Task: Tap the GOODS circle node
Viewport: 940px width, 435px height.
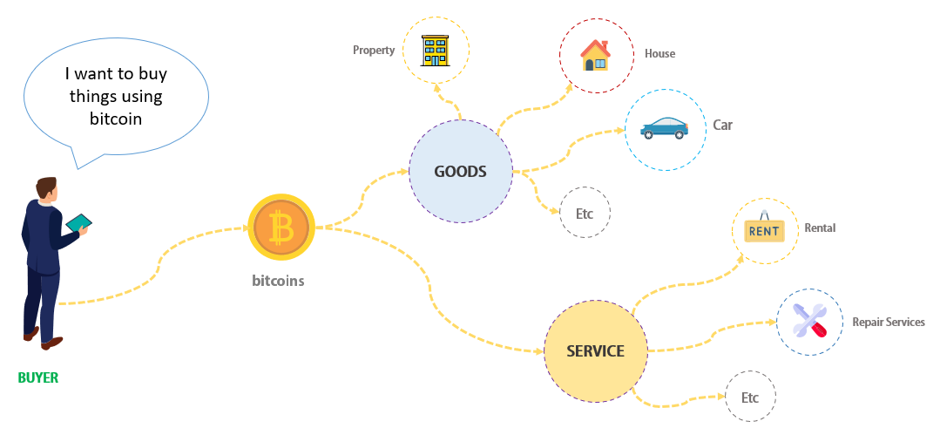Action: pyautogui.click(x=461, y=172)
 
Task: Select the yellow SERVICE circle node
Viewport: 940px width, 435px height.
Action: pyautogui.click(x=596, y=351)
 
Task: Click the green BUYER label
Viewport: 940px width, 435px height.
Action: pyautogui.click(x=38, y=378)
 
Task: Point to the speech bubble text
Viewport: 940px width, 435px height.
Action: pyautogui.click(x=114, y=97)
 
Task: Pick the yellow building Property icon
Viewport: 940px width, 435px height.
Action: pyautogui.click(x=435, y=51)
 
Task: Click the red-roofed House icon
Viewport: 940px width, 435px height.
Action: pyautogui.click(x=596, y=54)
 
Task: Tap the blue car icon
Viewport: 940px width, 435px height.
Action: pyautogui.click(x=663, y=128)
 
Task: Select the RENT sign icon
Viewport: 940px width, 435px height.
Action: pyautogui.click(x=764, y=230)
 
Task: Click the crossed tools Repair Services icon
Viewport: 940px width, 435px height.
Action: pyautogui.click(x=808, y=322)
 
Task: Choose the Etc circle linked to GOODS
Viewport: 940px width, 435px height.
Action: pyautogui.click(x=585, y=213)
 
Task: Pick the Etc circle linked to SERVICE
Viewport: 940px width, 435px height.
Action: pyautogui.click(x=750, y=398)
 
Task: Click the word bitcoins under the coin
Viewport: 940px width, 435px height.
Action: pyautogui.click(x=278, y=281)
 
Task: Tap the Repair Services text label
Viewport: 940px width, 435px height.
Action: pyautogui.click(x=888, y=323)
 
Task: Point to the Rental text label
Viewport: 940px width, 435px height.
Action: pyautogui.click(x=820, y=228)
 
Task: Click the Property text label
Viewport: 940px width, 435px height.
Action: pyautogui.click(x=374, y=51)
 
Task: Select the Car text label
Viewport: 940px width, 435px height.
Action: pyautogui.click(x=723, y=125)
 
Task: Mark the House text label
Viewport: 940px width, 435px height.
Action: pyautogui.click(x=659, y=54)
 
